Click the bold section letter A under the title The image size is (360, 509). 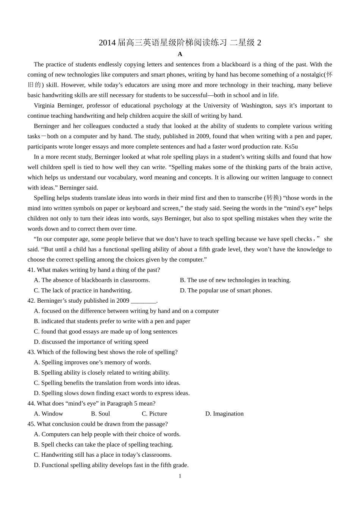pos(180,54)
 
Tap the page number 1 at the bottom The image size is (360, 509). pos(180,476)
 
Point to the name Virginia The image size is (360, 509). pos(44,105)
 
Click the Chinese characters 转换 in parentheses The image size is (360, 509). pos(273,198)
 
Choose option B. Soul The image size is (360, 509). pos(100,414)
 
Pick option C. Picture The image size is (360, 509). pos(154,414)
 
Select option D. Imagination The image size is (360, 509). pos(224,414)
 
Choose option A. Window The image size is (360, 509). pos(49,414)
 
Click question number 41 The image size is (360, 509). pos(31,270)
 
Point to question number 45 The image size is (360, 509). pos(31,424)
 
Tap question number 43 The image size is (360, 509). pos(31,352)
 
